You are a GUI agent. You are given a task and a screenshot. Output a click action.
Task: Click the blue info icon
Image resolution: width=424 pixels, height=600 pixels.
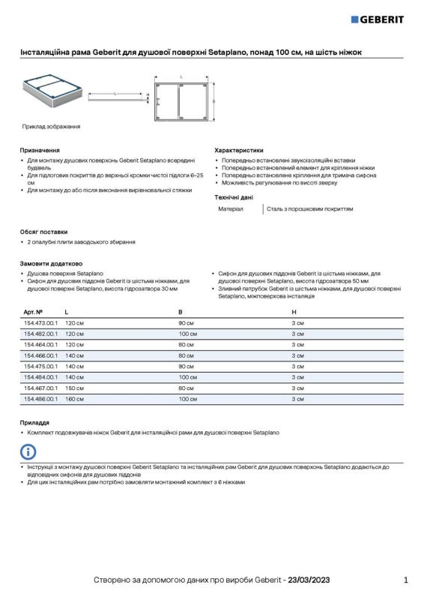[x=28, y=451]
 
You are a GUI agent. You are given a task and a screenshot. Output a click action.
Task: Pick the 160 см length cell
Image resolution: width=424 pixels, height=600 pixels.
[x=74, y=399]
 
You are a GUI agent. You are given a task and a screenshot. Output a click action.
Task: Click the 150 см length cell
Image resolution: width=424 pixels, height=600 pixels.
[x=74, y=388]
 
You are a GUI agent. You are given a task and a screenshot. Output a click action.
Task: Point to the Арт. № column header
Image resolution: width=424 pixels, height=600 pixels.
[x=33, y=310]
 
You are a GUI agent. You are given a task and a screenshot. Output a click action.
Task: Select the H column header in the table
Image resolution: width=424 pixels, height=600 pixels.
[x=294, y=310]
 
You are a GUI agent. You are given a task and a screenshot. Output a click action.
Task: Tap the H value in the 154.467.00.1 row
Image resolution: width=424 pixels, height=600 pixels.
[x=297, y=388]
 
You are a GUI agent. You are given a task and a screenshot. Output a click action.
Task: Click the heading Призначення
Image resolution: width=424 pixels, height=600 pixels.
[x=40, y=150]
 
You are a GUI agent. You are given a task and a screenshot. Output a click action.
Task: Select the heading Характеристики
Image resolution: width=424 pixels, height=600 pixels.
[x=239, y=150]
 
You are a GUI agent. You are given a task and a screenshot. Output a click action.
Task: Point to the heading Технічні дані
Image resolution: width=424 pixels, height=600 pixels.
[x=234, y=196]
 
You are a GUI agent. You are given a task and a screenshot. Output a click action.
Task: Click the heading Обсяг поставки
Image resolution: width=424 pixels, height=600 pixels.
[x=43, y=231]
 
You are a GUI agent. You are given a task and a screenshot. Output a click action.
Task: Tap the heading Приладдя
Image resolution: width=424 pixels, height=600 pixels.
[x=34, y=422]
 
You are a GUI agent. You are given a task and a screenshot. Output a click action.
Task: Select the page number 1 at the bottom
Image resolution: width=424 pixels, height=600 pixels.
[x=405, y=580]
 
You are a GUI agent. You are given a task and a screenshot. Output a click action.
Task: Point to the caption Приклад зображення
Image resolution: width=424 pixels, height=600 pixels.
[x=51, y=127]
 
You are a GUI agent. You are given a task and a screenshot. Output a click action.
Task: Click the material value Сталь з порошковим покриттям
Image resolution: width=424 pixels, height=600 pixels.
[x=310, y=209]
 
